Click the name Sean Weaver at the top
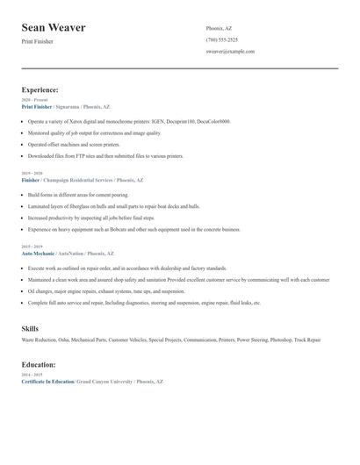[54, 28]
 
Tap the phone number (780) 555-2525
[221, 39]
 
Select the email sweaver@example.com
[230, 52]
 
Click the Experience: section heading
[40, 89]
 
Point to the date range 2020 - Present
[35, 100]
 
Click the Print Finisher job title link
[36, 106]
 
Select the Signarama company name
[68, 106]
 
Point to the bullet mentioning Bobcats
[133, 229]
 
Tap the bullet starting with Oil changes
[105, 290]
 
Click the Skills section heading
[30, 328]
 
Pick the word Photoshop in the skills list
[280, 339]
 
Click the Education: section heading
[40, 364]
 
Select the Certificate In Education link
[47, 382]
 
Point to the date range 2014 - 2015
[31, 375]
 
